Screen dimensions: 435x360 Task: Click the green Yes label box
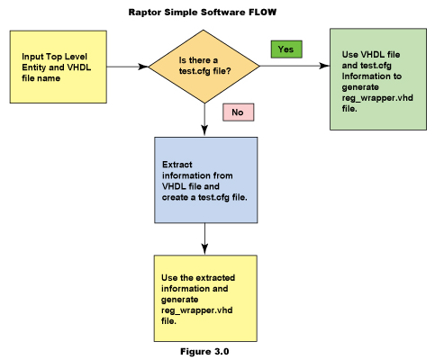(286, 49)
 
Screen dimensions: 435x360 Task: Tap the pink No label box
(238, 112)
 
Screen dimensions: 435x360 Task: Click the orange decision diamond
(204, 67)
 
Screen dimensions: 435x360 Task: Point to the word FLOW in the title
(262, 12)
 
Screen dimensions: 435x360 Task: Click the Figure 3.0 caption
(204, 351)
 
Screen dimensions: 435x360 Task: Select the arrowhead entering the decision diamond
(143, 67)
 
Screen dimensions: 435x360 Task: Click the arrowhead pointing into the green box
(324, 66)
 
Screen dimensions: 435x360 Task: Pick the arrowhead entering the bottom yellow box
(204, 249)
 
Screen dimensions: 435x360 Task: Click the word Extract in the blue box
(177, 165)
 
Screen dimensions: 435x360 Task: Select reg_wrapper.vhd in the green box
(377, 98)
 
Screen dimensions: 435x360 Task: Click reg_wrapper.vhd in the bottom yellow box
(197, 310)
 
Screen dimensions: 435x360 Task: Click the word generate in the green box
(360, 87)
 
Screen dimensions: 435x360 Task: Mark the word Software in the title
(223, 13)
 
